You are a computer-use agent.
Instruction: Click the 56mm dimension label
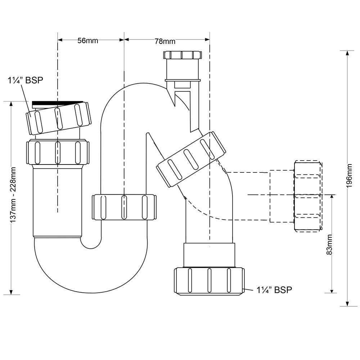88,41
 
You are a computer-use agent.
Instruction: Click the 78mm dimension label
165,41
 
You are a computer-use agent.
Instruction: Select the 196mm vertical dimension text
349,176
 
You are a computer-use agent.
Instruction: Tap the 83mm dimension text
329,244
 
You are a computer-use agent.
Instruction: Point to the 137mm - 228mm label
13,194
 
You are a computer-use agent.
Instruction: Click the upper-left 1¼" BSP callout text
26,80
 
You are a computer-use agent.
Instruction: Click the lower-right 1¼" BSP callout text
274,290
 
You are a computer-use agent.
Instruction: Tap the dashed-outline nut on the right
308,196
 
